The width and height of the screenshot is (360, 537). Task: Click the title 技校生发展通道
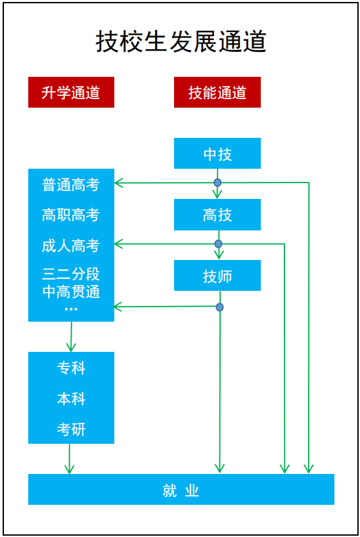click(x=181, y=41)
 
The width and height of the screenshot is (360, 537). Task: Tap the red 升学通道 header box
click(x=71, y=93)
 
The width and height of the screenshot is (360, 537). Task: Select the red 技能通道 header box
click(x=217, y=93)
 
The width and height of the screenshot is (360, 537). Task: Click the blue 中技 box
click(x=217, y=154)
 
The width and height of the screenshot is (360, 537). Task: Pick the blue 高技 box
click(x=217, y=215)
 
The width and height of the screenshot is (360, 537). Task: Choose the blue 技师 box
click(x=217, y=276)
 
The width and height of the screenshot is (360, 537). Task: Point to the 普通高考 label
click(x=71, y=185)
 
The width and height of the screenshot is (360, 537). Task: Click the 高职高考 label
click(x=71, y=215)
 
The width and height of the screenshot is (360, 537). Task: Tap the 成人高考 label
click(x=71, y=246)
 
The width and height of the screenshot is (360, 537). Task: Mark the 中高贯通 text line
click(x=71, y=292)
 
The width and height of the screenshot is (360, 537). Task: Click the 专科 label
click(x=71, y=368)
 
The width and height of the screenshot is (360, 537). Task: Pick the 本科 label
click(x=71, y=399)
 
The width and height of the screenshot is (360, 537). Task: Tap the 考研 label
click(x=71, y=430)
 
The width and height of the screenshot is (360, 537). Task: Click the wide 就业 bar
click(x=181, y=490)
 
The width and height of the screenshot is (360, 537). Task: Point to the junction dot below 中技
click(x=217, y=183)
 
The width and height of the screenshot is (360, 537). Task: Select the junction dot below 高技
click(x=218, y=244)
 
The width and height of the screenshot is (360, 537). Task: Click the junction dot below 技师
click(x=219, y=307)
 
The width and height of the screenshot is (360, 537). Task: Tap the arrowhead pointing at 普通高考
click(x=119, y=183)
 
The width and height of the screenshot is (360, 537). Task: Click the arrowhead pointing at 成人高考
click(x=119, y=244)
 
